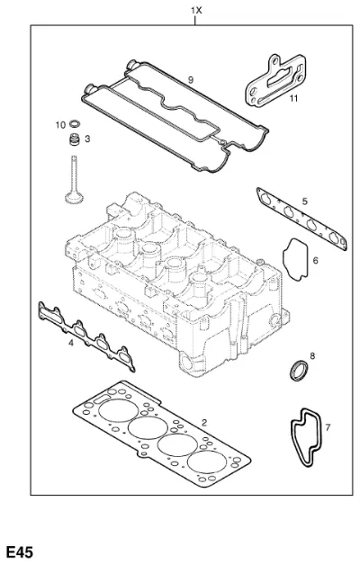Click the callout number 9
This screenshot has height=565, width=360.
click(x=191, y=80)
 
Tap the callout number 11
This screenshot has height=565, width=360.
click(x=293, y=98)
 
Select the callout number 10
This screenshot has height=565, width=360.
click(x=60, y=125)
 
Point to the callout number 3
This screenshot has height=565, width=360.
click(x=87, y=139)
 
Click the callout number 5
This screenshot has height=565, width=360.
click(x=305, y=201)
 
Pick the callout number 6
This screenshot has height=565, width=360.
click(x=316, y=260)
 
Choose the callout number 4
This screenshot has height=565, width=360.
click(x=71, y=343)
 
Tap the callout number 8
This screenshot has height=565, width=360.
click(x=312, y=356)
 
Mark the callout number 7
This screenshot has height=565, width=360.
click(x=328, y=427)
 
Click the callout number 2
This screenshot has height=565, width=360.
click(x=204, y=423)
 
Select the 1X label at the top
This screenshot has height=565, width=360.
click(x=196, y=11)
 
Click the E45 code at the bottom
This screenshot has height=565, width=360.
click(x=20, y=552)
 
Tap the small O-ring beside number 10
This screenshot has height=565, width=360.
click(x=75, y=123)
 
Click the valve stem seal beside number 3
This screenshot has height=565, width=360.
click(x=75, y=139)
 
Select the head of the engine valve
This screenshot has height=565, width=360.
click(x=74, y=198)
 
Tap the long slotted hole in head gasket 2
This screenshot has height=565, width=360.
click(x=102, y=399)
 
